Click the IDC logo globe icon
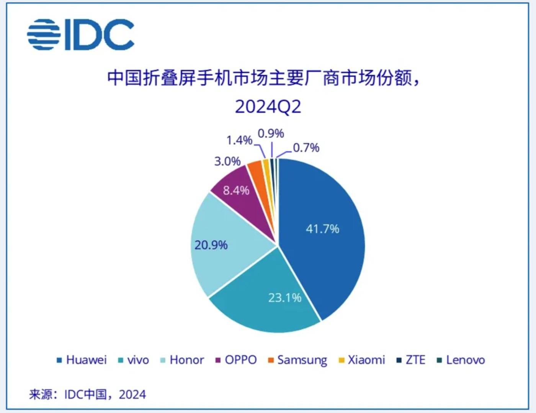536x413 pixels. [x=44, y=34]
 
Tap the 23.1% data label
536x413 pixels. [x=284, y=298]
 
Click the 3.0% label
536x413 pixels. [x=227, y=161]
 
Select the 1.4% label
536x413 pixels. [x=239, y=140]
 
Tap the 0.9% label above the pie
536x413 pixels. [x=271, y=133]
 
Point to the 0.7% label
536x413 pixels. [x=306, y=147]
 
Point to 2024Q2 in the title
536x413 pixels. [x=268, y=107]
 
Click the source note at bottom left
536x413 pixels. [x=87, y=394]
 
